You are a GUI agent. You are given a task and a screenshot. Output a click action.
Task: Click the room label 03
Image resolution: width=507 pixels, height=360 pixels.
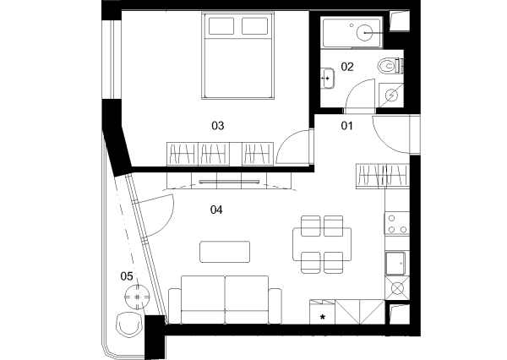218,126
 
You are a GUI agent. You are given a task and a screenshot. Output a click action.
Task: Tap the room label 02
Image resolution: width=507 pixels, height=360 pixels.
347,67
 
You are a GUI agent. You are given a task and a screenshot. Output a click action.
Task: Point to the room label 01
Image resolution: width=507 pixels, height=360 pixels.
347,126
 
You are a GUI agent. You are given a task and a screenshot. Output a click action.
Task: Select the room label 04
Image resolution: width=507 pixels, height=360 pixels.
216,210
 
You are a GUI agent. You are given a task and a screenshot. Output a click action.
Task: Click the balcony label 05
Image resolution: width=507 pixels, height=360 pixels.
127,276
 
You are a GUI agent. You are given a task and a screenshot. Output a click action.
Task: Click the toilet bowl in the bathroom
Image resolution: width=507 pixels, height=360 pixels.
387,66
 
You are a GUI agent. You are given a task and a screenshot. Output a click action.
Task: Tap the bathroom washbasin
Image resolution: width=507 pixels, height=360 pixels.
327,79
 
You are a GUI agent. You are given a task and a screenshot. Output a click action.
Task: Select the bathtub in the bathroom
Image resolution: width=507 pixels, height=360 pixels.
352,33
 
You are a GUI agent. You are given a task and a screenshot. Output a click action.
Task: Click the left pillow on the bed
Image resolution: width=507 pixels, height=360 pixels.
221,26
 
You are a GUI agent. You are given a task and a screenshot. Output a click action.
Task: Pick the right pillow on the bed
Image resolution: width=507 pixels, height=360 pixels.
255,26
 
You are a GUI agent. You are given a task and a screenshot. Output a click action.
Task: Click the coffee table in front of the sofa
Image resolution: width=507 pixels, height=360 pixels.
225,252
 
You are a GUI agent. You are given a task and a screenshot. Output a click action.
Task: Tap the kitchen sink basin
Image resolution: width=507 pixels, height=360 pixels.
395,264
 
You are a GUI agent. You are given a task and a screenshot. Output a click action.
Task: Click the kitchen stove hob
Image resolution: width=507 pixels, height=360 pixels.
397,223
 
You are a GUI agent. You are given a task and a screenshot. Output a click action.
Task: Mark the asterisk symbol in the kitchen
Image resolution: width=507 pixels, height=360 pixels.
323,317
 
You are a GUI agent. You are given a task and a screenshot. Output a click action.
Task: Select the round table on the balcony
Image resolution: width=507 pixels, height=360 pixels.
138,297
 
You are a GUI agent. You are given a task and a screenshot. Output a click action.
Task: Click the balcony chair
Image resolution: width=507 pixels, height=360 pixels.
129,325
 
